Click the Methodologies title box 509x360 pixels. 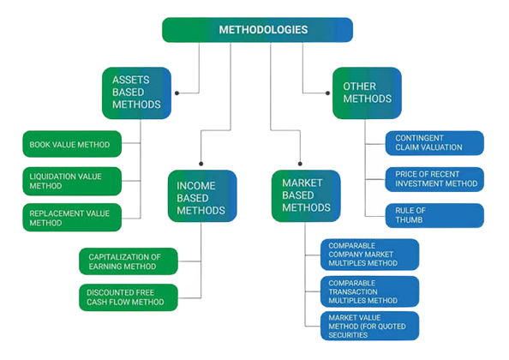pyautogui.click(x=257, y=30)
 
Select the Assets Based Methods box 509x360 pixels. pyautogui.click(x=136, y=93)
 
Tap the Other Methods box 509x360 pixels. pyautogui.click(x=367, y=93)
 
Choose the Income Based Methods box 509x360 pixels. pyautogui.click(x=202, y=196)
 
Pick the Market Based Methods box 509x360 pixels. pyautogui.click(x=306, y=196)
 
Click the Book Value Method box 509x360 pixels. pyautogui.click(x=72, y=144)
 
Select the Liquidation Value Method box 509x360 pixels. pyautogui.click(x=72, y=181)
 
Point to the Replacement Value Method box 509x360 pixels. pyautogui.click(x=72, y=218)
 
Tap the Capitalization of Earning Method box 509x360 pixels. pyautogui.click(x=129, y=261)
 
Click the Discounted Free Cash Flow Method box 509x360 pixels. pyautogui.click(x=129, y=297)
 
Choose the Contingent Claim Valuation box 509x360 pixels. pyautogui.click(x=434, y=143)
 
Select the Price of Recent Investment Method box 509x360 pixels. pyautogui.click(x=434, y=179)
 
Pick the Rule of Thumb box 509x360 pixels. pyautogui.click(x=434, y=215)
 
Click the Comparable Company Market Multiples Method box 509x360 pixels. pyautogui.click(x=369, y=255)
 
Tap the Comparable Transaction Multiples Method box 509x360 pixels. pyautogui.click(x=369, y=291)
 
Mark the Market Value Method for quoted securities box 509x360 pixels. pyautogui.click(x=369, y=326)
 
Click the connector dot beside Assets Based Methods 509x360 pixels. pyautogui.click(x=177, y=93)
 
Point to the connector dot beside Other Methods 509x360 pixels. pyautogui.click(x=328, y=93)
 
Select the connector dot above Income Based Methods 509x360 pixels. pyautogui.click(x=201, y=164)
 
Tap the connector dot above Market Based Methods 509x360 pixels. pyautogui.click(x=300, y=164)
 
